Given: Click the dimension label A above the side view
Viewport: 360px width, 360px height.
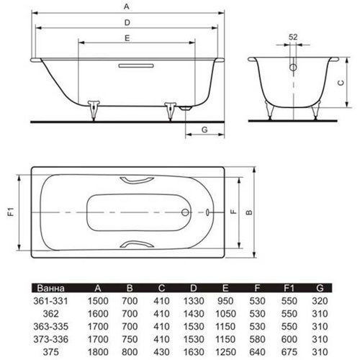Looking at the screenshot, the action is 127,6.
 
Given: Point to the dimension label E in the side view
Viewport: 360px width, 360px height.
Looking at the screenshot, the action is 127,38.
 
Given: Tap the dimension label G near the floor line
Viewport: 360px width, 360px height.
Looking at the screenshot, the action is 204,130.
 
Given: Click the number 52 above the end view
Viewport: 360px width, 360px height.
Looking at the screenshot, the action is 293,37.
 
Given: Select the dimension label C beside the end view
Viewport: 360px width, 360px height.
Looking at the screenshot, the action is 341,83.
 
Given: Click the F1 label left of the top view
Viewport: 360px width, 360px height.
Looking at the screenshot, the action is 12,212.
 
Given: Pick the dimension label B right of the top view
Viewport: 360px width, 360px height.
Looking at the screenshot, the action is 249,212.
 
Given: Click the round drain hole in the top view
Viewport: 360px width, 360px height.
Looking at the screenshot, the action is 185,212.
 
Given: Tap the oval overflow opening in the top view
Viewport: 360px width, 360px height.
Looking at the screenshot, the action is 207,212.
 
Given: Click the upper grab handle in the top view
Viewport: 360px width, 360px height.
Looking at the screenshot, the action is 137,180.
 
